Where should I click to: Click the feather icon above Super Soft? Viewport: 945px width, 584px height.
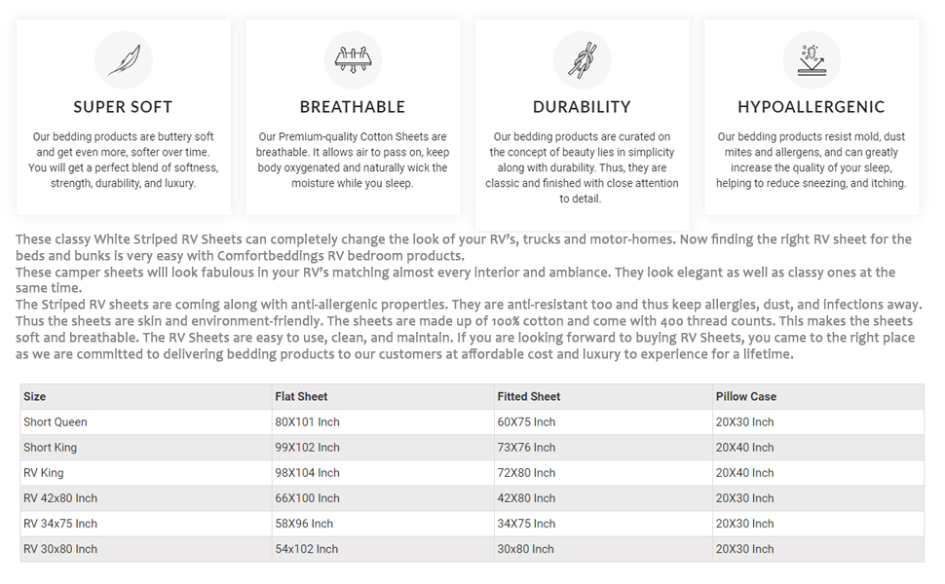coord(124,59)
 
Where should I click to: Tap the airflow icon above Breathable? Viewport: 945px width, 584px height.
coord(353,59)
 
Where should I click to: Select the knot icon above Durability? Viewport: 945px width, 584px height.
coord(582,59)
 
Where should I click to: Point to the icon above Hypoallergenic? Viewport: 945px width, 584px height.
coord(812,59)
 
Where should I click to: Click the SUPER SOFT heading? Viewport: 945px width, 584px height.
coord(124,107)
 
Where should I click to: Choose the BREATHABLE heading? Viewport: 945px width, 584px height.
coord(353,107)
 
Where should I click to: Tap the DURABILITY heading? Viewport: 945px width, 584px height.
coord(582,107)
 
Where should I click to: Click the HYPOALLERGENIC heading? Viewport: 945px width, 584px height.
coord(812,107)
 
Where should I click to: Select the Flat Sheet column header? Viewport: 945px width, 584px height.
coord(301,397)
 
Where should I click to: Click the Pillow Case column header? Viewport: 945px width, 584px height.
coord(746,397)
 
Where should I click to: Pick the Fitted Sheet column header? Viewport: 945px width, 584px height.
coord(528,397)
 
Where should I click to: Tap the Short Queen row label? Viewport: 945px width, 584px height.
coord(56,422)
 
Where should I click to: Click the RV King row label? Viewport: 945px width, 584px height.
coord(44,473)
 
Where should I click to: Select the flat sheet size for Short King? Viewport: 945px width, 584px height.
coord(307,448)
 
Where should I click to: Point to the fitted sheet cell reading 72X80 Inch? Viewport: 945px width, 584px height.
coord(526,473)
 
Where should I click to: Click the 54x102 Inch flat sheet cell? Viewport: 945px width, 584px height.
coord(307,549)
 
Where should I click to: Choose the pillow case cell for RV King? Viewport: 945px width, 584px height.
coord(744,473)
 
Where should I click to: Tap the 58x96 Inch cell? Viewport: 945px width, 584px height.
coord(304,524)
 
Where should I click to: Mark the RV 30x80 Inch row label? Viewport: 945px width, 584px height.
coord(60,549)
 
